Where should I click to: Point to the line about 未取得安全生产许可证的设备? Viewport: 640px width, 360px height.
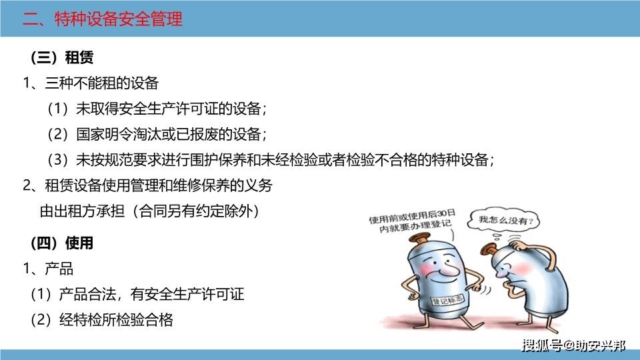[157, 109]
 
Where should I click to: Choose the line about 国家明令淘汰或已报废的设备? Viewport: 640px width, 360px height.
[157, 134]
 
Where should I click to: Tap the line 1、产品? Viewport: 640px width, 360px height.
[48, 270]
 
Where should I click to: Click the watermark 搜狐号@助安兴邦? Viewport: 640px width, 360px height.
[573, 345]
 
